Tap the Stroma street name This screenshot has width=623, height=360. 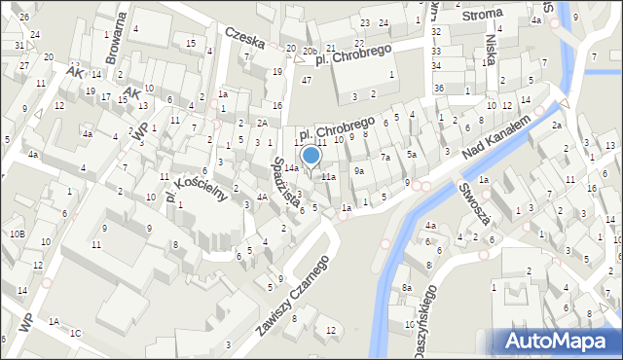(x=483, y=14)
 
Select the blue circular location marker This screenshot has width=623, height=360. (x=311, y=155)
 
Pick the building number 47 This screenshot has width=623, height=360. (x=307, y=80)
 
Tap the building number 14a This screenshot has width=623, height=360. (x=291, y=168)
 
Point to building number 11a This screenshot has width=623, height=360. (x=329, y=177)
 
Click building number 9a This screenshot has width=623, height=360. (x=359, y=171)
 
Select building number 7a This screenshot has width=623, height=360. (x=385, y=158)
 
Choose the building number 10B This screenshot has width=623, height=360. (x=18, y=234)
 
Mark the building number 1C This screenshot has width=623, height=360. (x=75, y=334)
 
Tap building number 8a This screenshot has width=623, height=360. (x=407, y=289)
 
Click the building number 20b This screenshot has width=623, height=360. (x=310, y=51)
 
